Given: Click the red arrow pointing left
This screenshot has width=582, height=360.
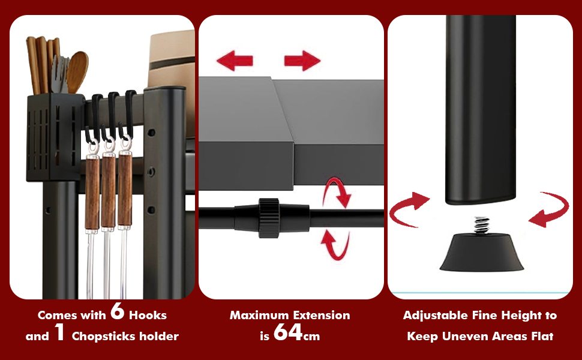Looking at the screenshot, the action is tap(235, 61).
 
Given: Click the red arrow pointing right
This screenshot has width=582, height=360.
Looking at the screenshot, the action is tap(302, 61).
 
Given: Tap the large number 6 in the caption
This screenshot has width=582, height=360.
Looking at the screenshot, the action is tap(117, 311).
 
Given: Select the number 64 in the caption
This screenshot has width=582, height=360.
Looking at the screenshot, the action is tap(288, 332).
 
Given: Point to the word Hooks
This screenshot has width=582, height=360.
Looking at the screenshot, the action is tap(148, 316).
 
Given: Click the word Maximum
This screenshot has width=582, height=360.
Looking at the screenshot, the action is tap(256, 316).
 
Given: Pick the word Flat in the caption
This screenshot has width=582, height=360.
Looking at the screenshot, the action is tap(542, 336).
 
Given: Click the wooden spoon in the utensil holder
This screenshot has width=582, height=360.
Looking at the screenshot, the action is tap(77, 71).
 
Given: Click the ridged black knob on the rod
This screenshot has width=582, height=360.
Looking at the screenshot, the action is tap(269, 218).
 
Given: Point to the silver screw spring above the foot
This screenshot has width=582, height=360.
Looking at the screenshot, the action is tap(481, 225).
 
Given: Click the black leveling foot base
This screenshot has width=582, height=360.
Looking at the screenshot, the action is tap(481, 252).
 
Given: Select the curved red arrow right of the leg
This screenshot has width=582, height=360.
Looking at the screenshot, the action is tap(550, 209).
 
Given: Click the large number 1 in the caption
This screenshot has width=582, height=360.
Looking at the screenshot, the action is tap(60, 332).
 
